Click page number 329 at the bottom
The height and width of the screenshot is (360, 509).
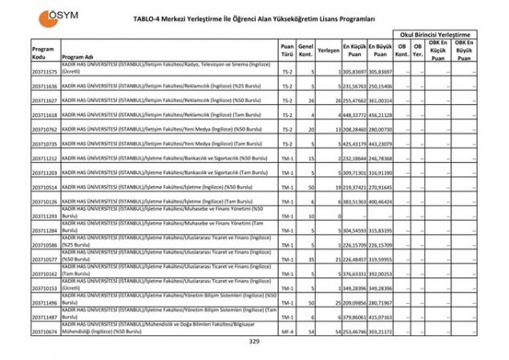click(254, 342)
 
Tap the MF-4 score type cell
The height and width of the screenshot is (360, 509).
click(287, 331)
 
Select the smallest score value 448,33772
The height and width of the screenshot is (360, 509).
click(353, 115)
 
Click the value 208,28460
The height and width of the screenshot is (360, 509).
click(353, 130)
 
